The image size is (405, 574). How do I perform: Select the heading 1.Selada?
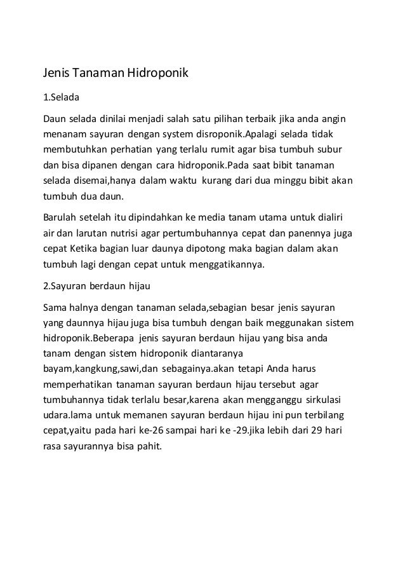(x=60, y=99)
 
